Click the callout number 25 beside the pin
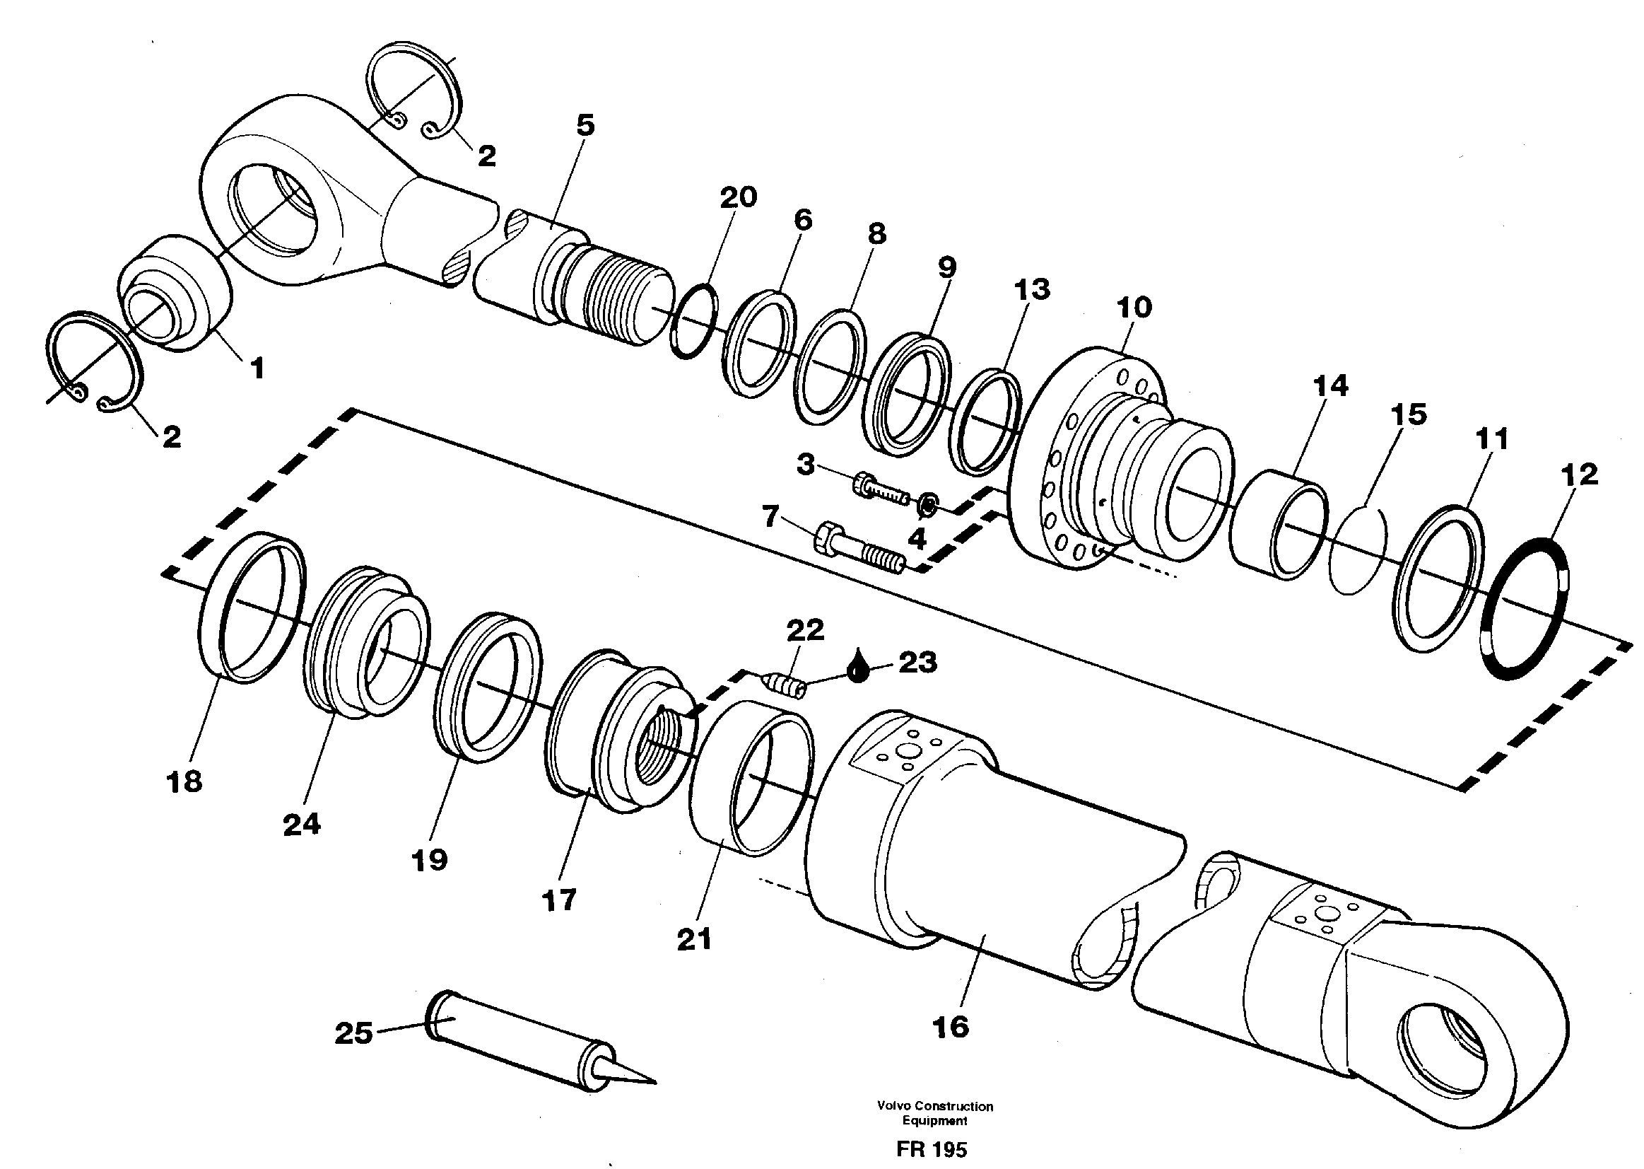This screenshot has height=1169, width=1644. pos(353,1034)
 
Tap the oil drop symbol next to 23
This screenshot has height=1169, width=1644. pos(856,668)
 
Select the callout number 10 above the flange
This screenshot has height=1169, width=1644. pos(1134,308)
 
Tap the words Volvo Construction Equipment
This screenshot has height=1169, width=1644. pos(934,1113)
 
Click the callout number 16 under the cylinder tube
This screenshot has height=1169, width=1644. pos(950,1027)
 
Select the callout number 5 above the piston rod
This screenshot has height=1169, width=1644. pos(586,125)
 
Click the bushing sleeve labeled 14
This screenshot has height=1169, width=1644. pos(1277,523)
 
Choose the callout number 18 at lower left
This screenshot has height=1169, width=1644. pos(184,781)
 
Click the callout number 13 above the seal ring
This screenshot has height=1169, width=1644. pos(1032,290)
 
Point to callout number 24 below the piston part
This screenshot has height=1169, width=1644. pos(302,825)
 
